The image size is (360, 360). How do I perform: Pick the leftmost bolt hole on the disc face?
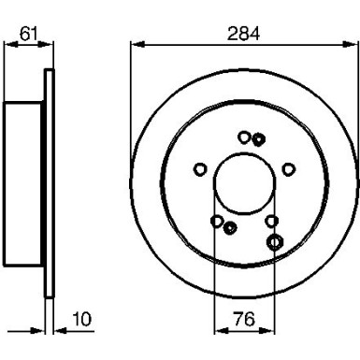(x=200, y=169)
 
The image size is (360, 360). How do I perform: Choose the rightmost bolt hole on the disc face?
(x=289, y=169)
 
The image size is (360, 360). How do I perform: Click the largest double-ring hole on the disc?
(x=276, y=242)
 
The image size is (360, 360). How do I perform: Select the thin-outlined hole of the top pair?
(x=244, y=137)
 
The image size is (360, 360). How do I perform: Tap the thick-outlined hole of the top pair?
(x=257, y=139)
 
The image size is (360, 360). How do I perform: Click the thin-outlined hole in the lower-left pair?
(x=218, y=222)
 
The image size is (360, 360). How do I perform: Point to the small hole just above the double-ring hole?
(x=272, y=221)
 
